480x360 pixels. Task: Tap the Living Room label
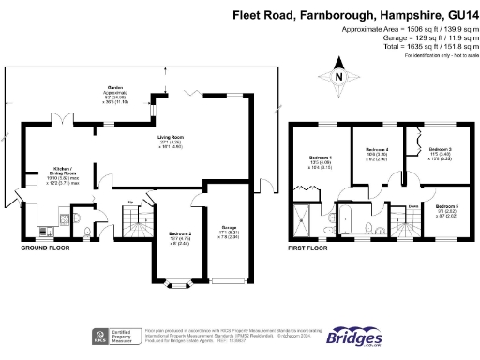click(x=170, y=137)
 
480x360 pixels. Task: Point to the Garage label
click(x=228, y=228)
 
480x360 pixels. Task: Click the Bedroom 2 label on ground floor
click(x=181, y=233)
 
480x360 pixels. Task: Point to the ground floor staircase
click(x=129, y=223)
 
